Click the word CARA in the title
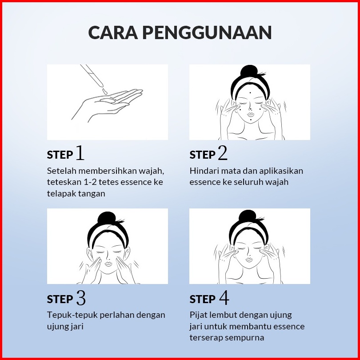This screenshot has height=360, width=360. pos(113,32)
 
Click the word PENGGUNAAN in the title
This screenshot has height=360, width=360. pos(207,32)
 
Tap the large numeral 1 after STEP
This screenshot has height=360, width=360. pos(80,152)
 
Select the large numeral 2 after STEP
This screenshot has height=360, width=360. pos(223,152)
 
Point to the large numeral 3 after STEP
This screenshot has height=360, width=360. pos(81,297)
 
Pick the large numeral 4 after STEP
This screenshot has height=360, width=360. pos(224,297)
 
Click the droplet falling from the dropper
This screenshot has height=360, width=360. pos(105,92)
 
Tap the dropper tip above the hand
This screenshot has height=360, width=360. pos(100,85)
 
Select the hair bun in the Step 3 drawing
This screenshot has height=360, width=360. pos(107,218)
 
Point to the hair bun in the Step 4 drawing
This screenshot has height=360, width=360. pos(248,216)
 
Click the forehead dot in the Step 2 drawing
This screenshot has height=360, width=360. pos(250,93)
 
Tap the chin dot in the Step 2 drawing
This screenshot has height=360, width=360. pos(251,120)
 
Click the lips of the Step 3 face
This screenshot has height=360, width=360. pos(108,264)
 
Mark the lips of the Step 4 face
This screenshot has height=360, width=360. pos(249,260)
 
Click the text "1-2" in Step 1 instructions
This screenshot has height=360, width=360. pos(90,182)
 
